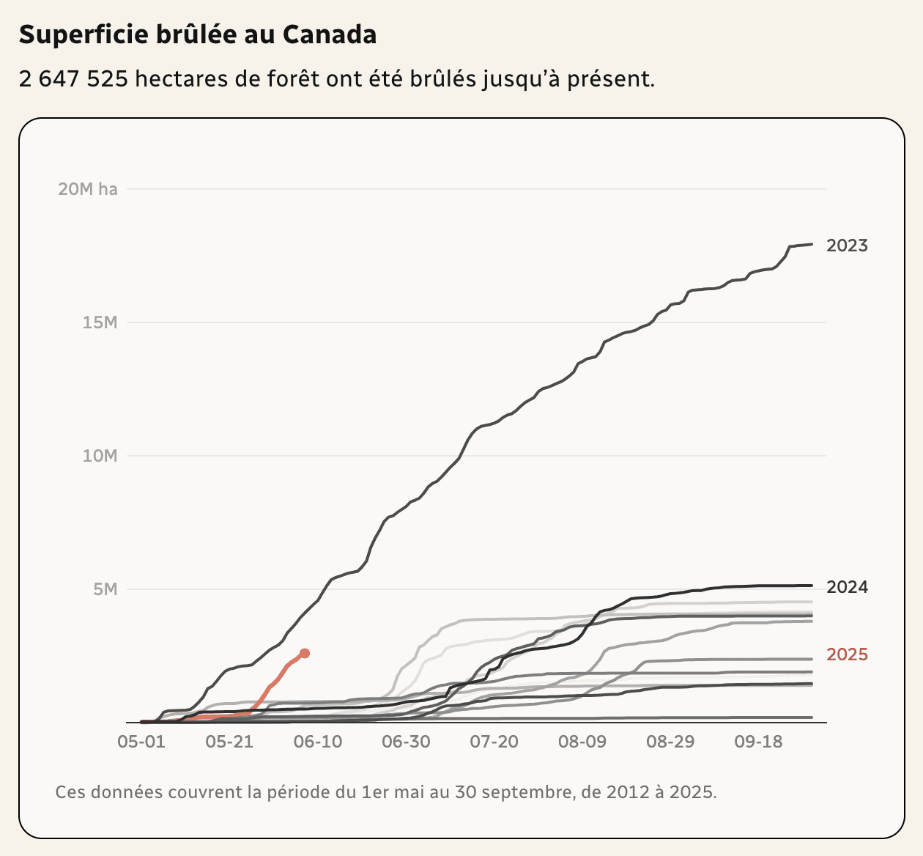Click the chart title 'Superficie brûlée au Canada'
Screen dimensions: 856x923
click(x=198, y=34)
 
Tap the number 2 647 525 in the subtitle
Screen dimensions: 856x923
click(x=73, y=78)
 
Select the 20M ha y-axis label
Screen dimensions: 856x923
click(x=87, y=189)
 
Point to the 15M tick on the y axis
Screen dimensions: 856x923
click(x=100, y=322)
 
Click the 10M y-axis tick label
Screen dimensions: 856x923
click(x=100, y=456)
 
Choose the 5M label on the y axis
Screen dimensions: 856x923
click(x=105, y=589)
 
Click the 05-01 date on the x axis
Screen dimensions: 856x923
click(x=141, y=742)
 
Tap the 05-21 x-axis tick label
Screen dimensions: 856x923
click(x=229, y=742)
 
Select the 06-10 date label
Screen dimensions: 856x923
click(x=318, y=742)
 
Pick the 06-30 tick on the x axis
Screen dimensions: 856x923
click(x=406, y=742)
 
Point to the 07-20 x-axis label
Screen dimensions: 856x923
click(x=494, y=742)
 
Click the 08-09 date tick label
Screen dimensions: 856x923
click(x=582, y=742)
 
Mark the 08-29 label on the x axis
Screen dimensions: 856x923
click(x=670, y=742)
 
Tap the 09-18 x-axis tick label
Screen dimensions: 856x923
click(x=759, y=742)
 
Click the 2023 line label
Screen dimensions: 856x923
click(x=847, y=246)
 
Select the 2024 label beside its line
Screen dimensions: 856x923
click(x=847, y=587)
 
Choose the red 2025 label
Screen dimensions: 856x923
click(x=847, y=654)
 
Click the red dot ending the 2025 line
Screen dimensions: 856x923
click(x=305, y=653)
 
